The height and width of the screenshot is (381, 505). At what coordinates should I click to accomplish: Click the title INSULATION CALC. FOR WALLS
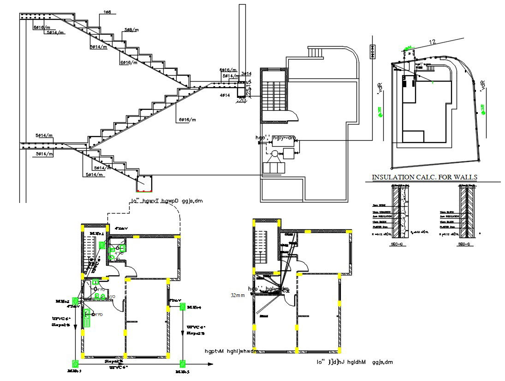click(424, 177)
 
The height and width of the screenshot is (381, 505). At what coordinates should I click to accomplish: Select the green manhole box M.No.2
click(75, 301)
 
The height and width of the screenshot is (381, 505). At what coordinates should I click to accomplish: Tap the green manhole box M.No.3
click(74, 363)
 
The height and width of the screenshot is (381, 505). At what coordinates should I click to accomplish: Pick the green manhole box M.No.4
click(183, 306)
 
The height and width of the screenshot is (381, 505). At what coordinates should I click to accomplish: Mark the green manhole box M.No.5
click(183, 363)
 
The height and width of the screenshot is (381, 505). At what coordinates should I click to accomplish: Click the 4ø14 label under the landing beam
click(225, 95)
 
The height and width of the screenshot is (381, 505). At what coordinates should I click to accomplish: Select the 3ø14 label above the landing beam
click(246, 74)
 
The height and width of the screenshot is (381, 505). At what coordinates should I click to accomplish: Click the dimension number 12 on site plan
click(432, 42)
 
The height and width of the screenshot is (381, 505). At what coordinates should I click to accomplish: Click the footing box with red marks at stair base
click(144, 184)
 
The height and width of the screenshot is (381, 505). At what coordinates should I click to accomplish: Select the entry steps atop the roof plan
click(316, 53)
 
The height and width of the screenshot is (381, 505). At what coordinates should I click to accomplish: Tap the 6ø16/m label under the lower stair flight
click(187, 120)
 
